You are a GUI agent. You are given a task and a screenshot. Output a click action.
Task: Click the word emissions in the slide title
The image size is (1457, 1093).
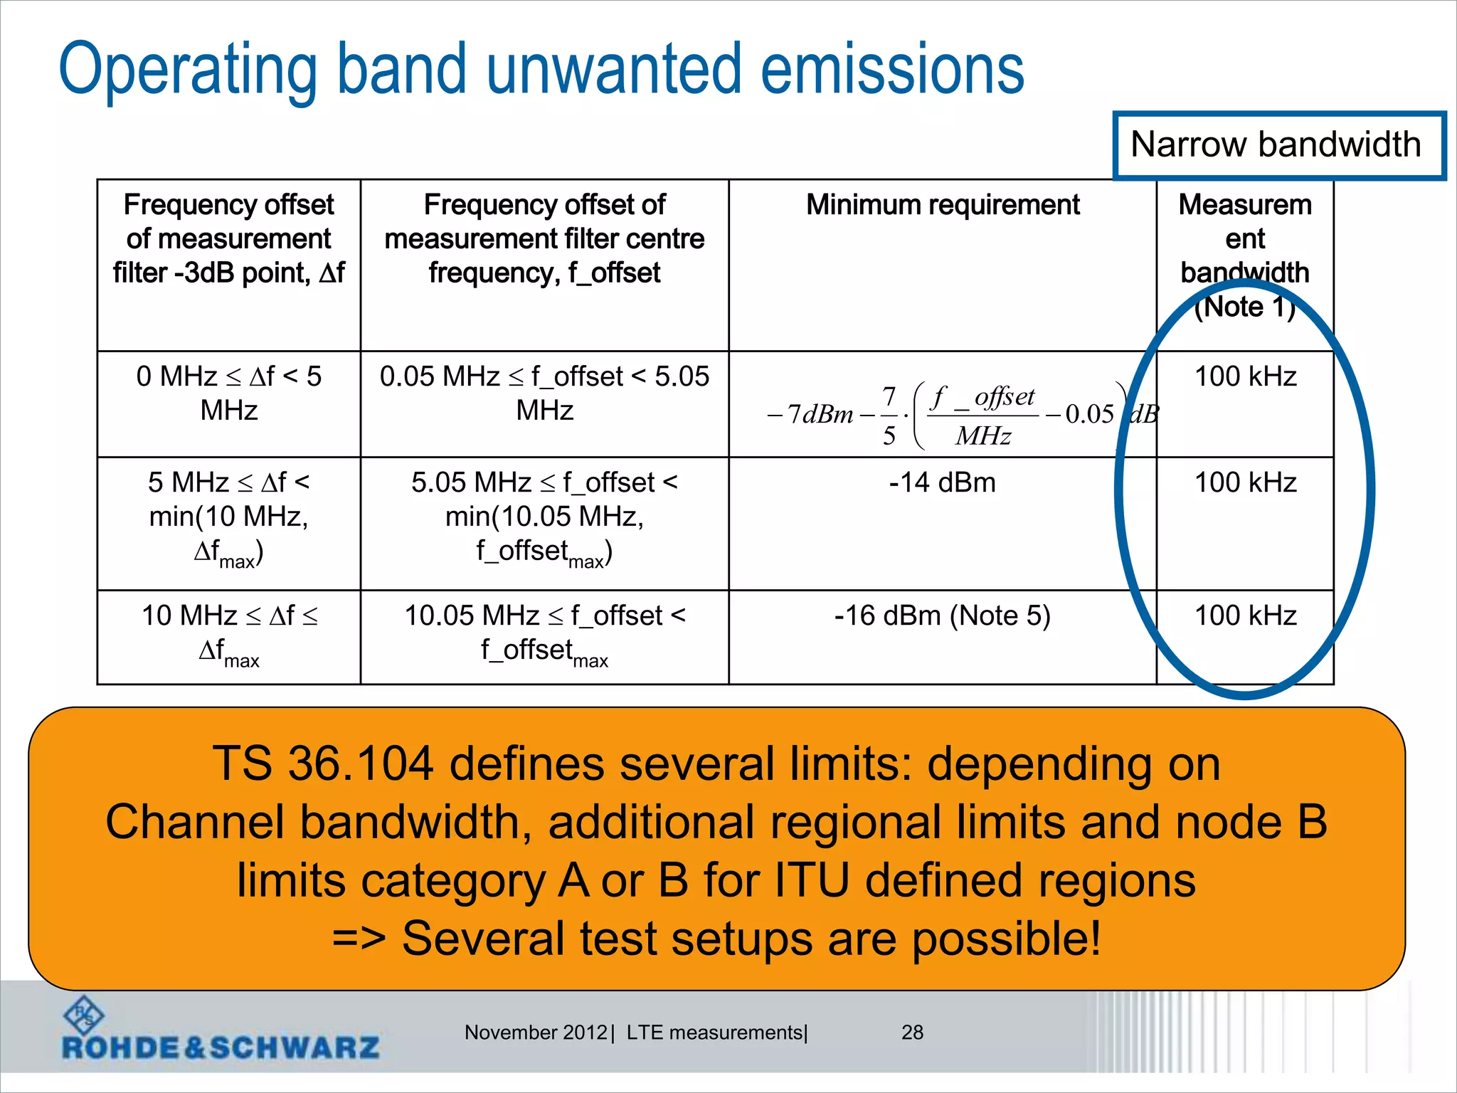(892, 70)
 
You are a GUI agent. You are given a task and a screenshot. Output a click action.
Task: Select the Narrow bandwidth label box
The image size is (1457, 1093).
(1278, 145)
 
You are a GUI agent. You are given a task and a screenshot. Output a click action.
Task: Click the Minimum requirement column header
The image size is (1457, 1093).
(942, 205)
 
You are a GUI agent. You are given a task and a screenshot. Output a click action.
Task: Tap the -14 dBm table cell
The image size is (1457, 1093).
(942, 483)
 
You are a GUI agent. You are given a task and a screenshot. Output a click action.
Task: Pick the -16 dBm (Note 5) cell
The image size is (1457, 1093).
(942, 616)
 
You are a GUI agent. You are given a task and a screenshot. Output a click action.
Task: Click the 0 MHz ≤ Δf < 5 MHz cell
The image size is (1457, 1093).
(228, 393)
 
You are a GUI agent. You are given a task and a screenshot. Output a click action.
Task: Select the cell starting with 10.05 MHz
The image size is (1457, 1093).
(544, 632)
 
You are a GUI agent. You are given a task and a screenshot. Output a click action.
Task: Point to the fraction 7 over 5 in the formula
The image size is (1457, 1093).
(889, 415)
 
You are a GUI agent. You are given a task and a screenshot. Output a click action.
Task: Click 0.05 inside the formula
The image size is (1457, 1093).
(1089, 414)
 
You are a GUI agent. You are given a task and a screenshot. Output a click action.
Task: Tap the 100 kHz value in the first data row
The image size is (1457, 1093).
(1245, 376)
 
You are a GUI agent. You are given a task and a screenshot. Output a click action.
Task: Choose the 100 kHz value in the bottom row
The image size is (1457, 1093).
(1245, 616)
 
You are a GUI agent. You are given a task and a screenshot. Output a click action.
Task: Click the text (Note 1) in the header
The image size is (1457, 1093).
(1245, 307)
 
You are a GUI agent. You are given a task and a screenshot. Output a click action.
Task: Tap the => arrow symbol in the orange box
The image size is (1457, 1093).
(359, 939)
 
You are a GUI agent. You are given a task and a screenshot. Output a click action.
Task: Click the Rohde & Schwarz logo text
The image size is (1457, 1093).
(221, 1047)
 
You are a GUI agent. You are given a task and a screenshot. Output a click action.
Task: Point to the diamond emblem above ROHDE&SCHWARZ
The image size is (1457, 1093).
(84, 1014)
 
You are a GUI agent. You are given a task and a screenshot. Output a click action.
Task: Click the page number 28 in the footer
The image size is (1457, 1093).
(912, 1033)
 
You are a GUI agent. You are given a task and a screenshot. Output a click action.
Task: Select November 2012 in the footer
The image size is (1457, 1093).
(535, 1033)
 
